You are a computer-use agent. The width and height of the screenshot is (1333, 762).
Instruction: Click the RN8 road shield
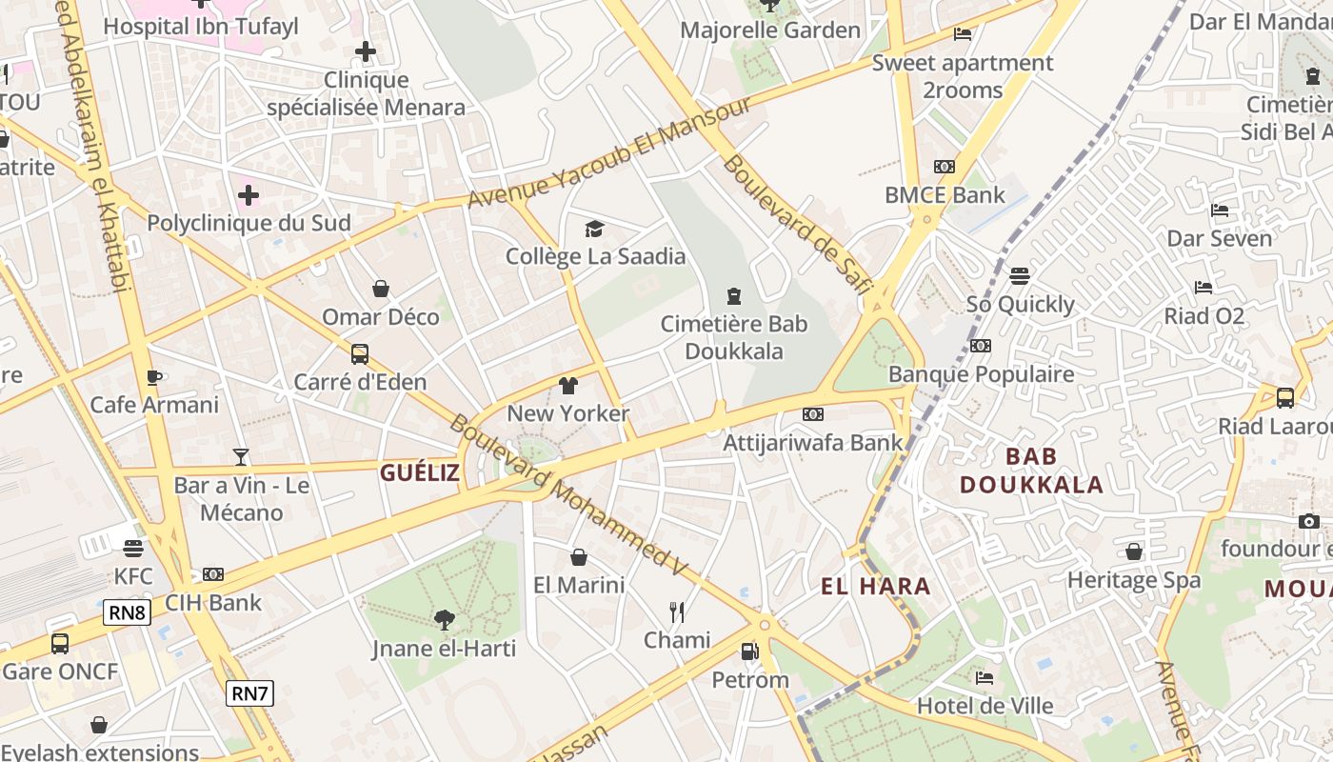click(127, 612)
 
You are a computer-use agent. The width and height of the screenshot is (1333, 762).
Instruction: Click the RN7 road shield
click(249, 693)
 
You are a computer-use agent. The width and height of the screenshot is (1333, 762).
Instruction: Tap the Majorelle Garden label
click(769, 30)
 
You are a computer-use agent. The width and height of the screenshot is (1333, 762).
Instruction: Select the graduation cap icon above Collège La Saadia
click(595, 229)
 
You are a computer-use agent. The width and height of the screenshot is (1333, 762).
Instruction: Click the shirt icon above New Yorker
click(568, 386)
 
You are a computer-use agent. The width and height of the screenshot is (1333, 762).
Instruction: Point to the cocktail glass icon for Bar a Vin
click(241, 457)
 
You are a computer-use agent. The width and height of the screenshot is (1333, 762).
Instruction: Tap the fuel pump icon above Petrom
click(750, 652)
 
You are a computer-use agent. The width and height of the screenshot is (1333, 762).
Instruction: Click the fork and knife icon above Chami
click(677, 612)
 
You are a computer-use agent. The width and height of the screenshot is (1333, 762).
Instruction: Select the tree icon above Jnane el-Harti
click(444, 621)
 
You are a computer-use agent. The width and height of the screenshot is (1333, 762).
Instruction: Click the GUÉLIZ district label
click(420, 472)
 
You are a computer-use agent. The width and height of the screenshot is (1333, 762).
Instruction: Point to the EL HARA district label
click(876, 587)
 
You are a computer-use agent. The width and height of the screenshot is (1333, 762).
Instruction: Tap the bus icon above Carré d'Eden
click(360, 354)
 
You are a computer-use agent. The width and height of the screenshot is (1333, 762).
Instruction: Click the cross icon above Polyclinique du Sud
click(249, 196)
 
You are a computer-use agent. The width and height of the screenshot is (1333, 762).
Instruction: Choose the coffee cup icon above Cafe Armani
click(154, 377)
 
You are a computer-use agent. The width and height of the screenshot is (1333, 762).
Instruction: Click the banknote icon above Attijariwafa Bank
click(812, 414)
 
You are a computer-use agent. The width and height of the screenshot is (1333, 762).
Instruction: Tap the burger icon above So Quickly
click(1020, 277)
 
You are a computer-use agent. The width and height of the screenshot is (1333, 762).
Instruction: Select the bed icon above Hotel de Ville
click(985, 678)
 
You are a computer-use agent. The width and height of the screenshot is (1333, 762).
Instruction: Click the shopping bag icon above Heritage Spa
click(1133, 552)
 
